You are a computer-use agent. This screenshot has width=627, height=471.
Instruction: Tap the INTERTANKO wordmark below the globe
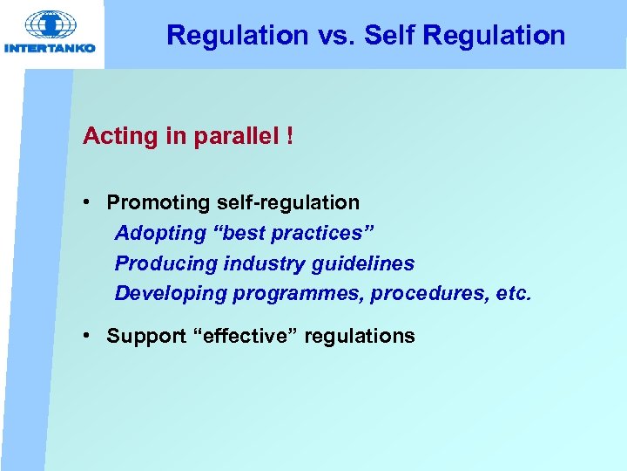click(51, 48)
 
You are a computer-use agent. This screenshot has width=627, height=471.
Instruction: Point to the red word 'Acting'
click(113, 137)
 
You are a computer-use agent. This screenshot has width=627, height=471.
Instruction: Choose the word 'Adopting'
click(153, 233)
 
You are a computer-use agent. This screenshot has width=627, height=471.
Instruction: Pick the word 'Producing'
click(158, 263)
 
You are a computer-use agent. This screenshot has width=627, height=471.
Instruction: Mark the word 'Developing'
click(171, 294)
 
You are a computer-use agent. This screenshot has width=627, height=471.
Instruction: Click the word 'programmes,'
click(299, 294)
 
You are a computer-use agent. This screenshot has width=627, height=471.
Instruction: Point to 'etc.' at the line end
click(512, 294)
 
